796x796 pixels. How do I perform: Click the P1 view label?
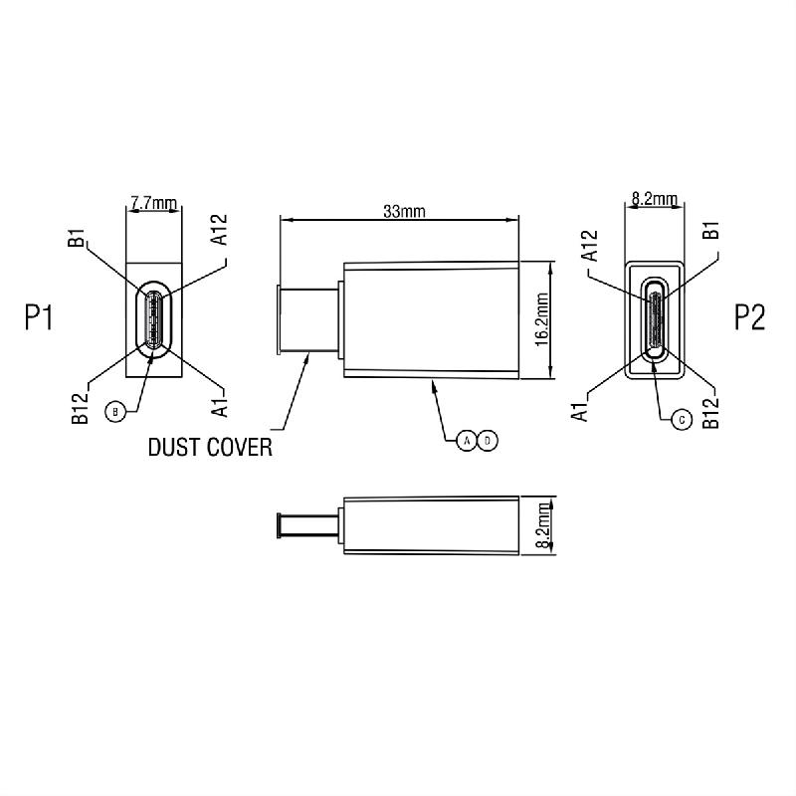click(39, 317)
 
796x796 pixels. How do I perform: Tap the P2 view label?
click(749, 317)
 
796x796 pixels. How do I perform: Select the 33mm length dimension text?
click(404, 211)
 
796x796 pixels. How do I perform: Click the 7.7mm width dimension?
click(153, 204)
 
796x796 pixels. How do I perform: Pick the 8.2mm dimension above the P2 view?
click(654, 199)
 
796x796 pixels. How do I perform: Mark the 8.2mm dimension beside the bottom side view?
click(542, 527)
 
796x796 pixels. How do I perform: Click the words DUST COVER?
click(210, 447)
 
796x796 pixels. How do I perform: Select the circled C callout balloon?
click(681, 420)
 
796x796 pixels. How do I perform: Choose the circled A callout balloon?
click(467, 439)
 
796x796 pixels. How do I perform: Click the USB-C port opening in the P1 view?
click(153, 318)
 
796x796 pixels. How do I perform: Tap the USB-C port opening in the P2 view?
click(655, 318)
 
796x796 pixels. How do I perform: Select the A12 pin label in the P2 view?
click(589, 245)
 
